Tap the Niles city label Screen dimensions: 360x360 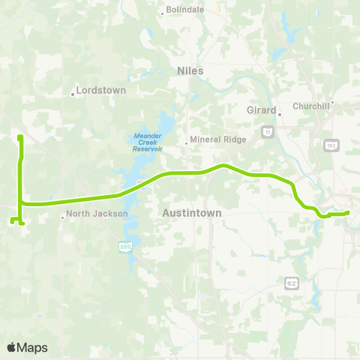pos(190,70)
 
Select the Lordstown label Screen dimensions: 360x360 pos(101,90)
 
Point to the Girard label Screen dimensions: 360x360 pos(262,109)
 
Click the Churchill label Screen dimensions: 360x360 pos(311,106)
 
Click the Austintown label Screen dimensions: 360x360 pos(192,213)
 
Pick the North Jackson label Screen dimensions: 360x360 pos(97,214)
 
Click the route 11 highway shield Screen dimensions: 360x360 pos(266,131)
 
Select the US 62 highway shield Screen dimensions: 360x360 pos(292,282)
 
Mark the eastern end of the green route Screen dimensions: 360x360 pos(349,213)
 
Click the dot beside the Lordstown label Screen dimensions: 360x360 pos(73,94)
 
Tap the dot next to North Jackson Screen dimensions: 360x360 pos(63,217)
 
